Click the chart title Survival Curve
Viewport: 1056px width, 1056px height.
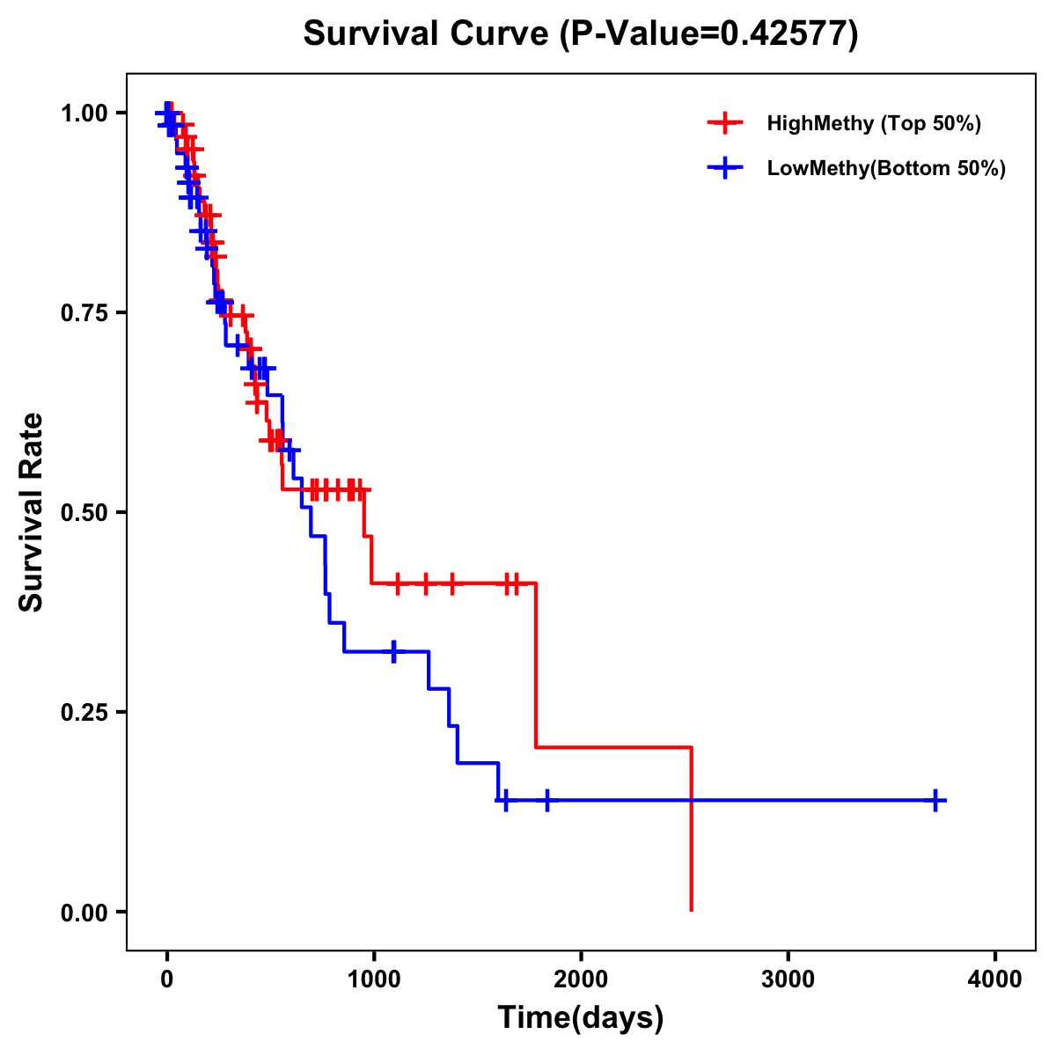coord(427,33)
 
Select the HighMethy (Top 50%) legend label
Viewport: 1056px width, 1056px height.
coord(874,123)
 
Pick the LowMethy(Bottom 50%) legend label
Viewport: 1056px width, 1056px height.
coord(886,168)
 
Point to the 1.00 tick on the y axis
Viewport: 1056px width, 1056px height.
coord(84,113)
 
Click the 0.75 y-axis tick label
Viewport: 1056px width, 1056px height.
coord(84,312)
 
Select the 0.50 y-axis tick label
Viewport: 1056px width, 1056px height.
coord(84,512)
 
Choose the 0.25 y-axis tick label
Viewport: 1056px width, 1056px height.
coord(84,712)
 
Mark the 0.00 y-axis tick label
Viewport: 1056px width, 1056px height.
coord(84,912)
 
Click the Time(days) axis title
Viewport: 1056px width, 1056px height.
coord(581,1018)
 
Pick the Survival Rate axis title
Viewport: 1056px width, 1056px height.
coord(32,512)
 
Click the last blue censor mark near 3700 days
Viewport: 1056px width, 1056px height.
coord(935,800)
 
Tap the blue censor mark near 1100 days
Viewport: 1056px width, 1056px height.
coord(393,651)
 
